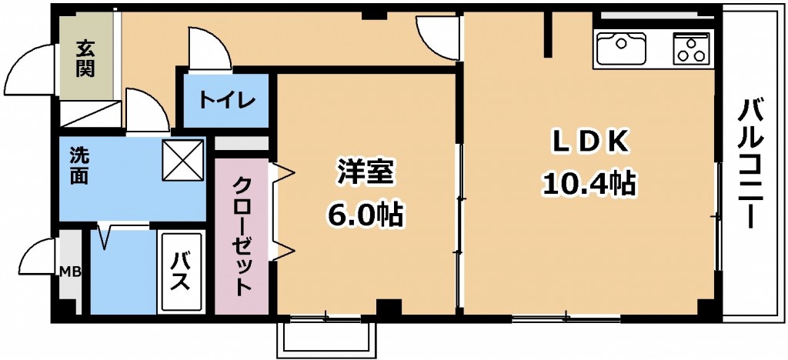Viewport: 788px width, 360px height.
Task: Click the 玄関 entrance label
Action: pos(85,59)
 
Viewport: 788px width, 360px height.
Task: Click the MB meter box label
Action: pos(70,272)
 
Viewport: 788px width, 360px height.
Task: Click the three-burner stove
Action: pos(691,48)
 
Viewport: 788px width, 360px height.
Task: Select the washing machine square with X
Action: pos(183,160)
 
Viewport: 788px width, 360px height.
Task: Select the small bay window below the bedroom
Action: pos(326,338)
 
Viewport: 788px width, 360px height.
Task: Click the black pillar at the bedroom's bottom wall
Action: pos(389,307)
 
